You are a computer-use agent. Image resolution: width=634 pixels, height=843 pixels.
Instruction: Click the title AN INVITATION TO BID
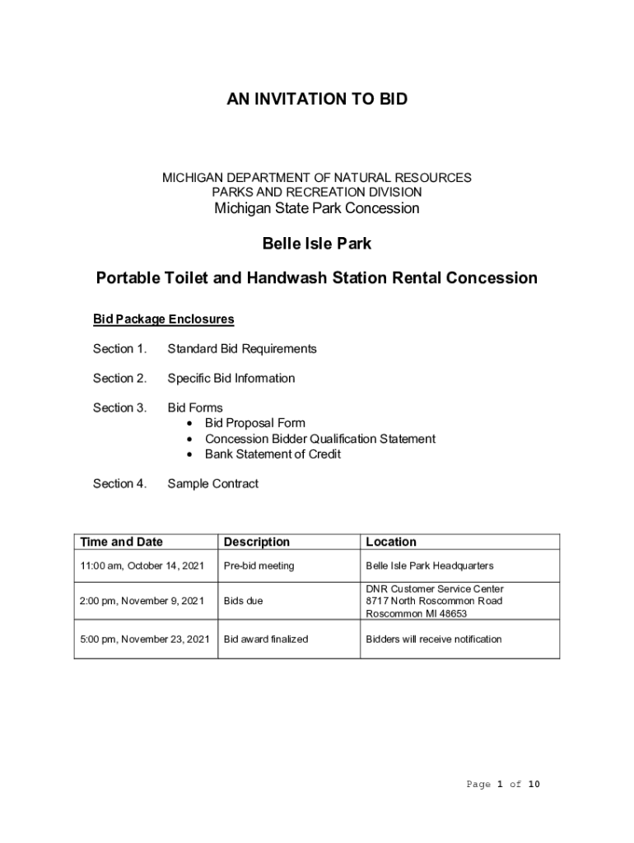click(x=317, y=100)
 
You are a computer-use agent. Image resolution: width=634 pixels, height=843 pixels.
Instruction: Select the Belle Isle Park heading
click(x=317, y=244)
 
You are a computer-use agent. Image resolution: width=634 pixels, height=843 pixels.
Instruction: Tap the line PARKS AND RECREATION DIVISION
click(x=317, y=192)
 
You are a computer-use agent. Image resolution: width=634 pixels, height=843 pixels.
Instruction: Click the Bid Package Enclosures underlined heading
click(x=163, y=319)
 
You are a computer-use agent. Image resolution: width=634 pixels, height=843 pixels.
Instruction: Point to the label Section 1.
click(x=119, y=349)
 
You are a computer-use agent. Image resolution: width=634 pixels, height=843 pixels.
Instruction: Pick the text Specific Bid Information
click(x=231, y=379)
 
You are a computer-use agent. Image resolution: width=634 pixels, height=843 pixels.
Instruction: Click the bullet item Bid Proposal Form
click(x=254, y=423)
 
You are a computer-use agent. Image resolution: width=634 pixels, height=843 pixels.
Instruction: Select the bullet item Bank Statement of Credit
click(x=273, y=454)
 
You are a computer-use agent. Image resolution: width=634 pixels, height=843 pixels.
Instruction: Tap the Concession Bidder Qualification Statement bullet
click(x=319, y=439)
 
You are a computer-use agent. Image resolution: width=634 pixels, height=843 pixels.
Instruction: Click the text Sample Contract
click(x=212, y=484)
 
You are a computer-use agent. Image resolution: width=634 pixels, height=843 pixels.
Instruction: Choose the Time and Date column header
click(x=121, y=542)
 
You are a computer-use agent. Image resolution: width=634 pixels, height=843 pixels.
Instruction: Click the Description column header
click(x=257, y=542)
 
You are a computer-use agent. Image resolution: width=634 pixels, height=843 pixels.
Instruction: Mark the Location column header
click(x=391, y=542)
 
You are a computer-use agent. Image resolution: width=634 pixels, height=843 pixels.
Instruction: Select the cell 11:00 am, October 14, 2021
click(x=142, y=566)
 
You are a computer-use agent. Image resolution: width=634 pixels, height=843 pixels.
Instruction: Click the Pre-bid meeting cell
click(x=259, y=566)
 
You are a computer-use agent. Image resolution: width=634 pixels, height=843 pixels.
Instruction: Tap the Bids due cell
click(x=243, y=601)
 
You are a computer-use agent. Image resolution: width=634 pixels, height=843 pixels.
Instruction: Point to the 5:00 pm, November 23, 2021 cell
click(x=144, y=640)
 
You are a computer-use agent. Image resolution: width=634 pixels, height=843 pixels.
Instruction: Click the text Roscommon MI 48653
click(x=417, y=613)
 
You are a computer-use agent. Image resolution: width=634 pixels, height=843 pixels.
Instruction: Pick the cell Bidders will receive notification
click(x=433, y=640)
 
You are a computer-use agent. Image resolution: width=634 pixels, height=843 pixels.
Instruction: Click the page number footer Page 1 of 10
click(x=503, y=785)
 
